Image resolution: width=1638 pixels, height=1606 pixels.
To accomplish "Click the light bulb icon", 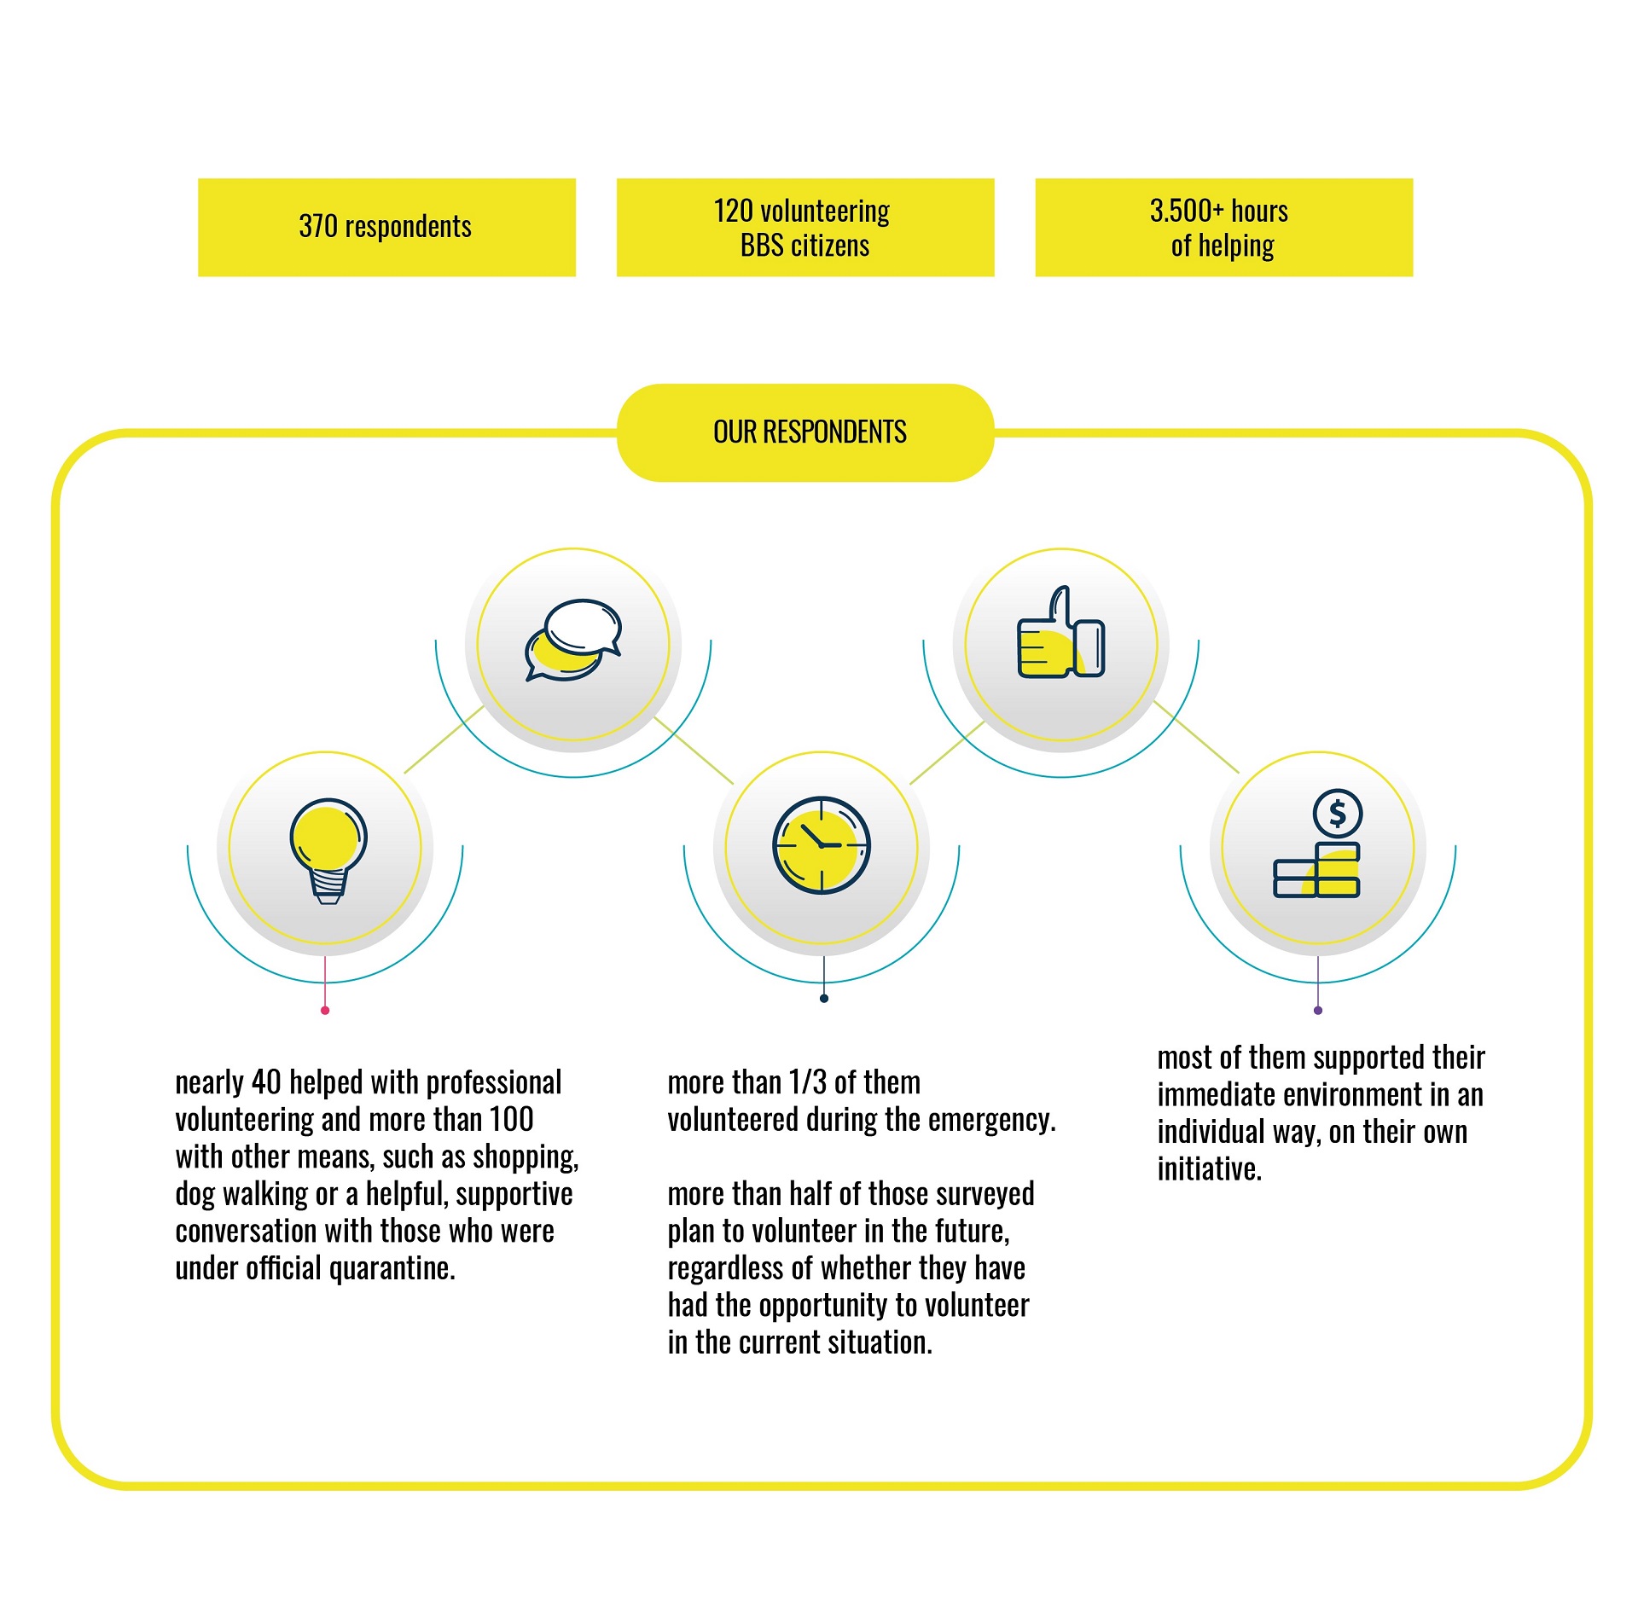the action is coord(328,850).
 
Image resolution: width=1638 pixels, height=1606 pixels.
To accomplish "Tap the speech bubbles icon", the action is coord(573,640).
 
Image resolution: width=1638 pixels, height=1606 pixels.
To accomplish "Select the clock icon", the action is coord(822,845).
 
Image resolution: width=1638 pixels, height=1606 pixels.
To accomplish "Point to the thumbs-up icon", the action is coord(1061,632).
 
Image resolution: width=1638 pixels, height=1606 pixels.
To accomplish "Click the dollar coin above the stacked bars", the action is coord(1338,813).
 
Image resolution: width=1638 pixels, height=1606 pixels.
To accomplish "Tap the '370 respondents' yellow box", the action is coord(386,227).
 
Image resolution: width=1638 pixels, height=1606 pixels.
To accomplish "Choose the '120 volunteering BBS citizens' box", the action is coord(805,227).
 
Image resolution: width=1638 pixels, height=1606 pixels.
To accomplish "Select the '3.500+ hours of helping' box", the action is coord(1224,227).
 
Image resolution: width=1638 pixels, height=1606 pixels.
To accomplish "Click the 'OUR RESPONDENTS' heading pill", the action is coord(805,432).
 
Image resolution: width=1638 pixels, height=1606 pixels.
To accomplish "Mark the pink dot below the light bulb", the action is coord(325,1011).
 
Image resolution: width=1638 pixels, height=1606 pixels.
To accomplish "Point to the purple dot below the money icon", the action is coord(1318,1011).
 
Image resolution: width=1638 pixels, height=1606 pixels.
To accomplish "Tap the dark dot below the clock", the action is coord(824,999).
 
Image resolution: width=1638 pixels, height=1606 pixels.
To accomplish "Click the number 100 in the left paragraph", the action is coord(512,1119).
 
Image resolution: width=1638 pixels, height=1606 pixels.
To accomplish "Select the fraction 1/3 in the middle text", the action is coord(808,1082).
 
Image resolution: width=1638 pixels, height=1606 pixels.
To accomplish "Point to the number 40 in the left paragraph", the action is coord(266,1082).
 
